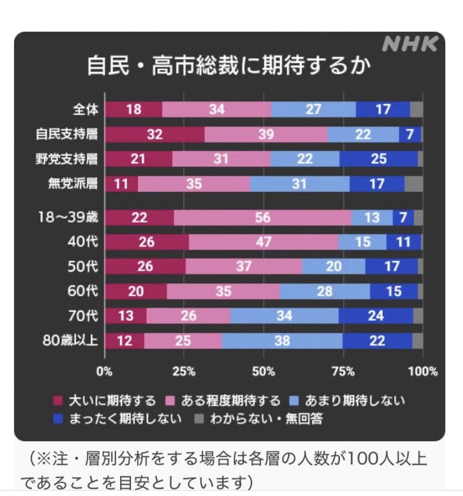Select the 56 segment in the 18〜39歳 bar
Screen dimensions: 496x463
(x=262, y=217)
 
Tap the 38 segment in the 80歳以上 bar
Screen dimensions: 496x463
(x=282, y=341)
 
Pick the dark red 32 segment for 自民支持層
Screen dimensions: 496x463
(x=154, y=134)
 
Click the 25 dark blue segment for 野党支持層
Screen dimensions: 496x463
(x=378, y=159)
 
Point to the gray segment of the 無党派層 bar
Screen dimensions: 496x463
(x=413, y=184)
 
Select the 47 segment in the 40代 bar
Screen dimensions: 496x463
(x=264, y=241)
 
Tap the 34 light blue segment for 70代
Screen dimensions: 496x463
(x=284, y=316)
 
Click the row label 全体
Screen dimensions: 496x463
(x=86, y=110)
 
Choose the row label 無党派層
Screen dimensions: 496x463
(x=73, y=184)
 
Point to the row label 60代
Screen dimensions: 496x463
(x=83, y=291)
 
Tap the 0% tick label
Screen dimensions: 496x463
(x=104, y=371)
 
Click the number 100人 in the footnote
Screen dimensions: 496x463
(x=366, y=459)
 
